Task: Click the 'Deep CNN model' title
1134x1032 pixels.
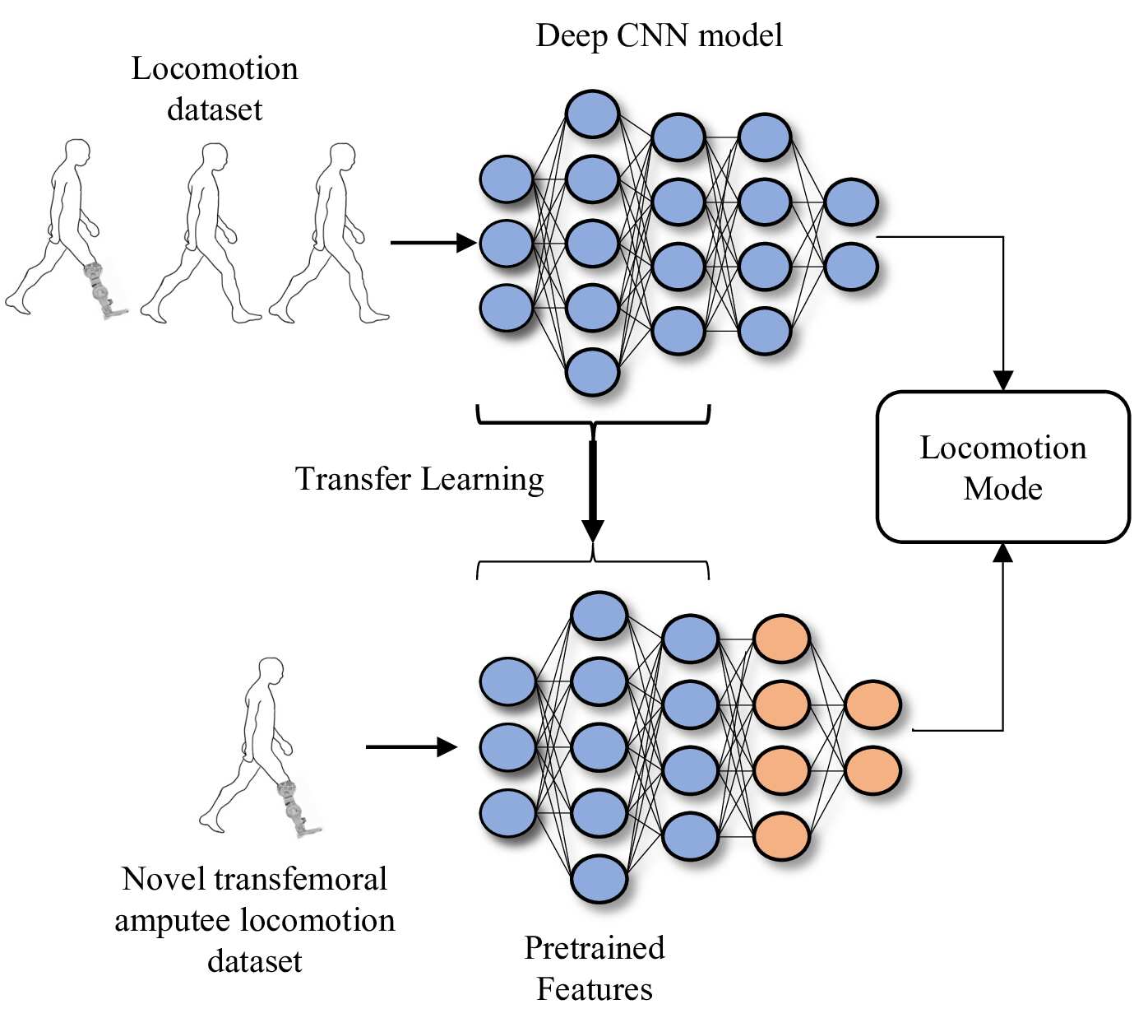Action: tap(659, 36)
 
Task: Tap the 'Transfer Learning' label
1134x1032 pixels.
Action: tap(419, 479)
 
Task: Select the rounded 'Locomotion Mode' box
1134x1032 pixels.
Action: tap(1003, 467)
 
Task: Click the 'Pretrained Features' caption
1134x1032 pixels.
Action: tap(594, 969)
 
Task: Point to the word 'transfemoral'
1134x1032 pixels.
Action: tap(300, 879)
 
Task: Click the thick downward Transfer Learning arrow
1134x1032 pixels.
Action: tap(592, 491)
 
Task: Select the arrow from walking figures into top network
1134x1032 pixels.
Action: tap(433, 243)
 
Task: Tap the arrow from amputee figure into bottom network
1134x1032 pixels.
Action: tap(411, 747)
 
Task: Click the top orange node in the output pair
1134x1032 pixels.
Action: tap(872, 704)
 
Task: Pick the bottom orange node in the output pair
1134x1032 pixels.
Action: tap(872, 770)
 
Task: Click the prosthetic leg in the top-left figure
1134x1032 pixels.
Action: tap(103, 290)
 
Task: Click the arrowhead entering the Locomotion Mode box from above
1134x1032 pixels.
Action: tap(1003, 380)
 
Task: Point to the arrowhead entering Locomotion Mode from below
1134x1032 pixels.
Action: tap(1003, 553)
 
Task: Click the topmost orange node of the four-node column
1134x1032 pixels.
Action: tap(781, 639)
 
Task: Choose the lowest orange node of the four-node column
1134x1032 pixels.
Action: tap(781, 835)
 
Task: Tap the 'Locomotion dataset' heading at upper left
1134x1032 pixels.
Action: tap(215, 88)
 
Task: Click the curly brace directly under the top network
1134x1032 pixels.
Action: tap(593, 422)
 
